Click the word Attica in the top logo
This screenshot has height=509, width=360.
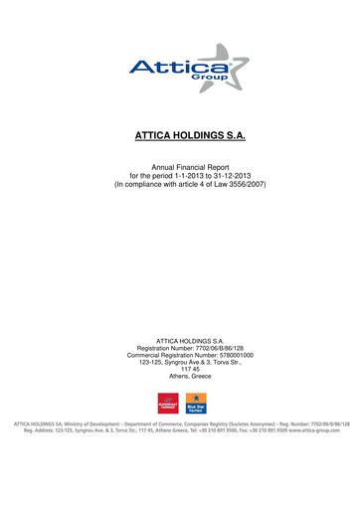tap(166, 68)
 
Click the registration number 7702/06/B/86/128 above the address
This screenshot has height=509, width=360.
tap(212, 348)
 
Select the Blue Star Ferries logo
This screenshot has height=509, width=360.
tap(196, 405)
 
